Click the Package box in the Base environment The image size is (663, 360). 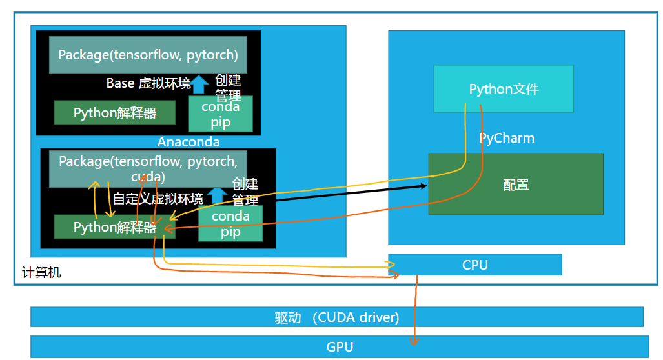[x=148, y=55]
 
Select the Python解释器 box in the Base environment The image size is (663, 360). [x=114, y=113]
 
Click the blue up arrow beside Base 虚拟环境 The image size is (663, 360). [x=201, y=83]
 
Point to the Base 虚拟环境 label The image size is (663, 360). [x=148, y=83]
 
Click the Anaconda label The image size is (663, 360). [x=189, y=142]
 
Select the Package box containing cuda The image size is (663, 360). [x=152, y=168]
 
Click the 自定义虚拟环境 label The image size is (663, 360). [x=158, y=199]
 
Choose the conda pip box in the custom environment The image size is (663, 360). [x=230, y=224]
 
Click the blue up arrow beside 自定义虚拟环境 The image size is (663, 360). [x=217, y=195]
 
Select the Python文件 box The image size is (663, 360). [x=504, y=89]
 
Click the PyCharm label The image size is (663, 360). [x=507, y=138]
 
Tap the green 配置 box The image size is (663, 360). [x=516, y=185]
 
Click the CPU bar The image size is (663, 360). [x=475, y=265]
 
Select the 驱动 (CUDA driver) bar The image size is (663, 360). [x=337, y=317]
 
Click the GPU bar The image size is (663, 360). [x=340, y=347]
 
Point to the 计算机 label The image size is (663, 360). [x=41, y=273]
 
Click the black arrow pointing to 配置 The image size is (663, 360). [x=349, y=193]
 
